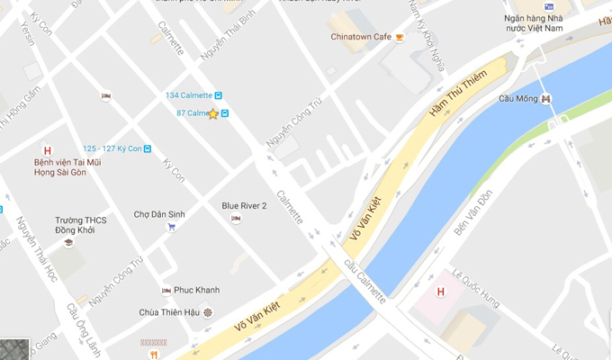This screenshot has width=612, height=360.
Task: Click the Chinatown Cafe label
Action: (x=361, y=36)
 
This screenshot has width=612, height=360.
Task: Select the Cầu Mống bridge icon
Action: (x=546, y=98)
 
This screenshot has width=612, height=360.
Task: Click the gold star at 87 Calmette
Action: (x=213, y=113)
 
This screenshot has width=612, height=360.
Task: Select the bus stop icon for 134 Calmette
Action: (x=218, y=95)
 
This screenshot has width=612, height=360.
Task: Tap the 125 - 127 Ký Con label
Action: (x=112, y=148)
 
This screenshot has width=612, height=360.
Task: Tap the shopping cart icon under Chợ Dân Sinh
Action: (x=171, y=227)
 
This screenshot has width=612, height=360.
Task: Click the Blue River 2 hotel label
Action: (x=244, y=206)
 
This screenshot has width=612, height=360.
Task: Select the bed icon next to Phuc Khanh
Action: (x=166, y=290)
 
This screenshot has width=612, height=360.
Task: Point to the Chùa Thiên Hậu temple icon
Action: (x=209, y=312)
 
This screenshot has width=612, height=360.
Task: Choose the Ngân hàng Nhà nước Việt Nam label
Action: (x=546, y=23)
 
